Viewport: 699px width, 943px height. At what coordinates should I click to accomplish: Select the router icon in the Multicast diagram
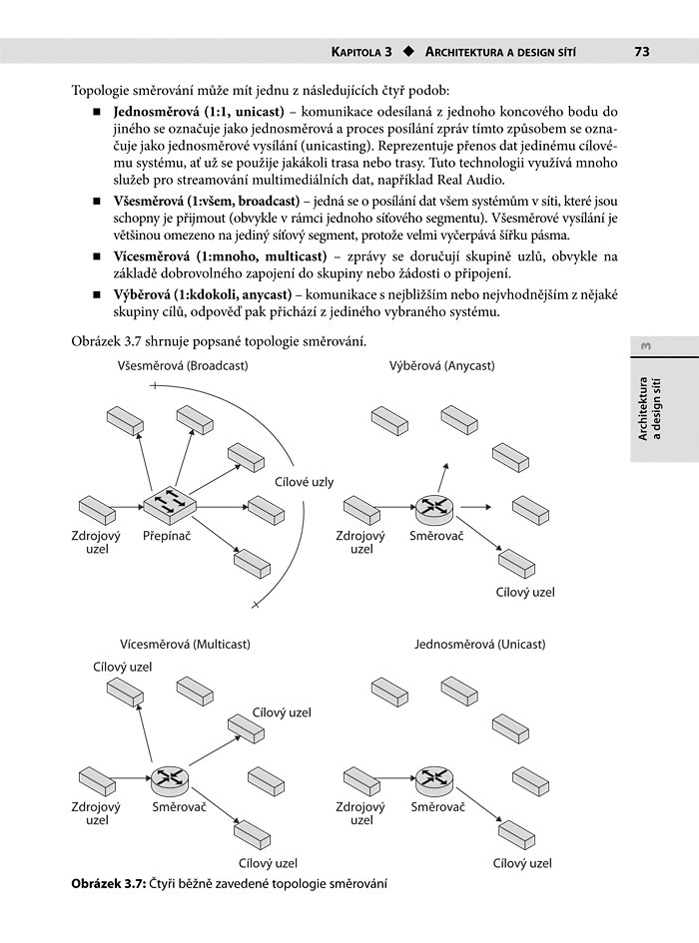(x=170, y=777)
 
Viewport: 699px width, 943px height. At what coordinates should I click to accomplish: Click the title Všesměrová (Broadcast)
(x=183, y=366)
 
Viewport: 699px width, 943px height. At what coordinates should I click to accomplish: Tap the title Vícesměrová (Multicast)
(x=185, y=645)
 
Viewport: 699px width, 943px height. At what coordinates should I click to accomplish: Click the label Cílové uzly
(x=305, y=482)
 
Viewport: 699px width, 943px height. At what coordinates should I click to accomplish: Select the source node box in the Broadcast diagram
(x=98, y=510)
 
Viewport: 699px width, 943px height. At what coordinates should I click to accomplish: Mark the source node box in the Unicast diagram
(x=363, y=777)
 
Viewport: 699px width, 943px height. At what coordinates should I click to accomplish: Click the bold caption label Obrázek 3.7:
(x=109, y=884)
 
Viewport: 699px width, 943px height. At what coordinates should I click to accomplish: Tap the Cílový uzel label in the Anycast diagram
(x=525, y=592)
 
